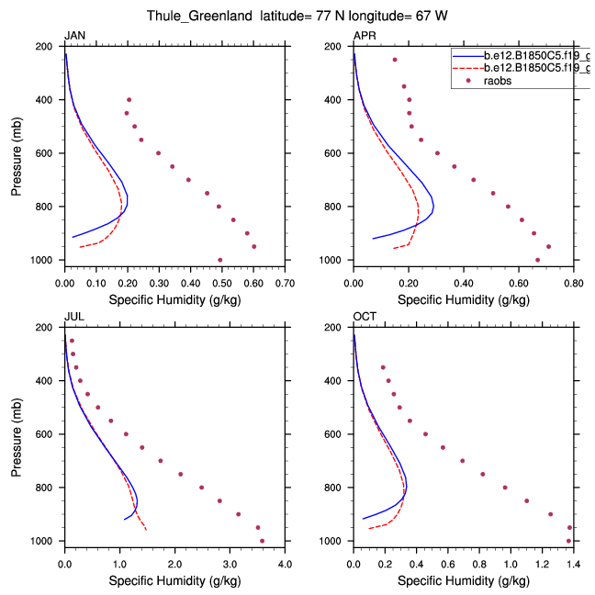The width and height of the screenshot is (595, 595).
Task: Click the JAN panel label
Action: [x=73, y=35]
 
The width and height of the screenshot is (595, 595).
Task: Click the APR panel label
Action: [x=364, y=35]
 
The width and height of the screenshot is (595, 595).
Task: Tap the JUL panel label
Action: [x=73, y=317]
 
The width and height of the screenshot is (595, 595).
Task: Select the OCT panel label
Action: [x=365, y=317]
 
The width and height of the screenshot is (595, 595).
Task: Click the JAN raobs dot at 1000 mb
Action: [x=219, y=260]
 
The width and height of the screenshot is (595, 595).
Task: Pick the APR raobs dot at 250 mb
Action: [x=395, y=60]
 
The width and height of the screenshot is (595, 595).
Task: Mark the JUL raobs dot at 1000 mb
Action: [x=262, y=541]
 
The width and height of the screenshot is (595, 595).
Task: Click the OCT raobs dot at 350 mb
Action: [x=383, y=367]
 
